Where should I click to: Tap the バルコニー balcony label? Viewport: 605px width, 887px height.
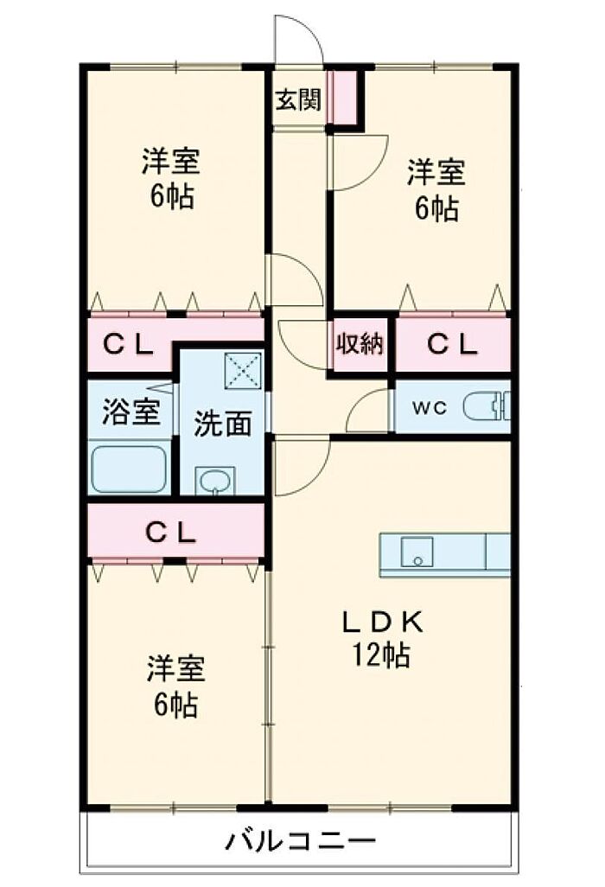click(302, 839)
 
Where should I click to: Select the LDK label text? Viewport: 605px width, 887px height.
click(381, 622)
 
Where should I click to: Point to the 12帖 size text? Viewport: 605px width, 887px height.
click(381, 655)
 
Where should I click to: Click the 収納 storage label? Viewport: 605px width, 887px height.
click(359, 344)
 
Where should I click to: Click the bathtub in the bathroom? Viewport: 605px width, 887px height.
click(131, 468)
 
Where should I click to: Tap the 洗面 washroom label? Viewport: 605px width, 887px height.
click(222, 423)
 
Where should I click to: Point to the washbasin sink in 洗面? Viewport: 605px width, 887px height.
click(214, 480)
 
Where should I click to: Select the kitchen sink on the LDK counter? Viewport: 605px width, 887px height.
click(417, 553)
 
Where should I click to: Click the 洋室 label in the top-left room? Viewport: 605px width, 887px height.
click(170, 161)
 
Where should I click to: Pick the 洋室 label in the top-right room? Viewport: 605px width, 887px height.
click(436, 173)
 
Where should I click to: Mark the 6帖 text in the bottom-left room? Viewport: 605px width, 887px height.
click(174, 705)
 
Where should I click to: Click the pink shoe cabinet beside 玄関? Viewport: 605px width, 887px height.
click(345, 97)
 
